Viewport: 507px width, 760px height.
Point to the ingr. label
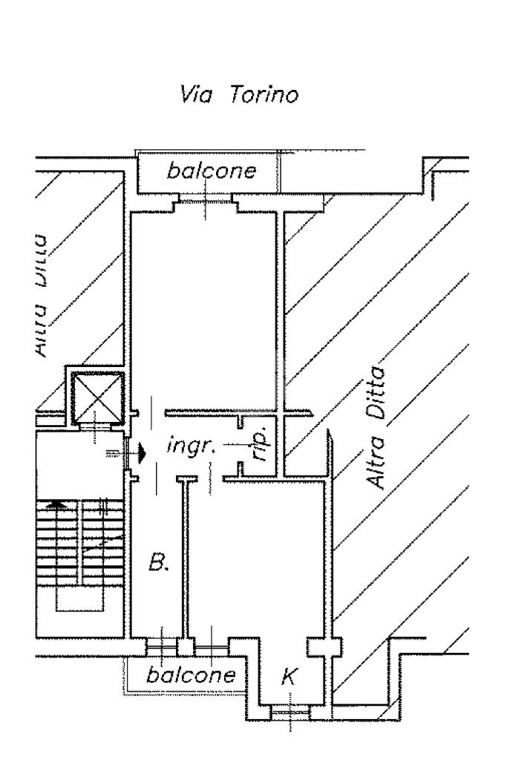pos(190,449)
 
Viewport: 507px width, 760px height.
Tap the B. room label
pos(160,563)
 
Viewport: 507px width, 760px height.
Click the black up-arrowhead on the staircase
pos(51,503)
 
